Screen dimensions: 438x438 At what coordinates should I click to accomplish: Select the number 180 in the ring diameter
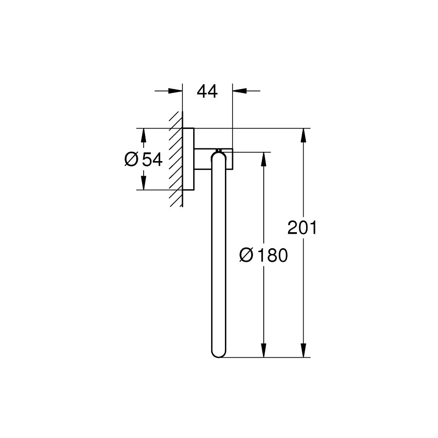point(272,255)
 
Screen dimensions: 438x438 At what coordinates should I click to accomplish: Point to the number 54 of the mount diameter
point(152,160)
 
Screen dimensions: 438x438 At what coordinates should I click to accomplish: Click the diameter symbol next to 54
point(131,160)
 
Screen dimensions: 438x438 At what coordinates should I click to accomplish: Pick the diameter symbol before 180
point(246,255)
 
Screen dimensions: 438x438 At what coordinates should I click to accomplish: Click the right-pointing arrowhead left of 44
point(175,91)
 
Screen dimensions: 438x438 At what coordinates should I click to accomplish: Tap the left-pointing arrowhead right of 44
point(239,91)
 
